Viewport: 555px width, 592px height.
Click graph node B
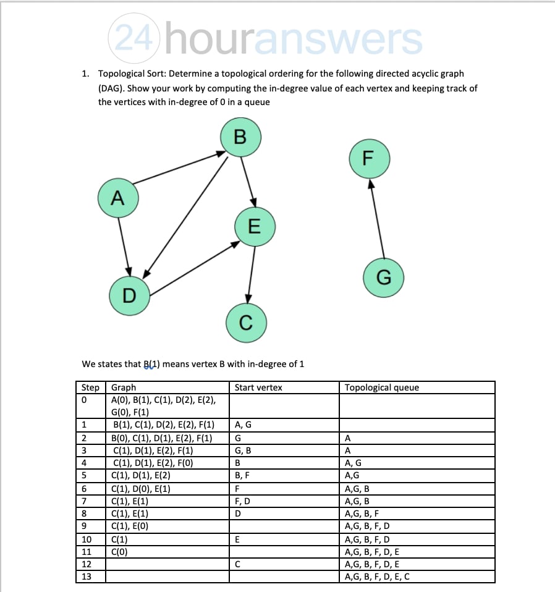pyautogui.click(x=240, y=137)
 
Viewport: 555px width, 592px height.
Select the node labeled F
pyautogui.click(x=369, y=158)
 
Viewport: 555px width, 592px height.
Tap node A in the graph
pyautogui.click(x=117, y=198)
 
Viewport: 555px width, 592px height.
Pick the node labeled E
pyautogui.click(x=254, y=227)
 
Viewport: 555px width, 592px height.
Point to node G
pyautogui.click(x=383, y=277)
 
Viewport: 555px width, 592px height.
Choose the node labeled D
pyautogui.click(x=129, y=295)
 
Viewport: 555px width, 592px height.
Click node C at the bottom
pyautogui.click(x=245, y=322)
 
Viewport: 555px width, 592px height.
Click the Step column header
pyautogui.click(x=90, y=387)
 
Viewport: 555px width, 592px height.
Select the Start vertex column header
pyautogui.click(x=258, y=387)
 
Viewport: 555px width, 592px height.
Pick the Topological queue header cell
pyautogui.click(x=381, y=387)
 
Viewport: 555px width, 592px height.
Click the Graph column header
pyautogui.click(x=124, y=387)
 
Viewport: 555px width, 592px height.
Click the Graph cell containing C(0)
pyautogui.click(x=120, y=551)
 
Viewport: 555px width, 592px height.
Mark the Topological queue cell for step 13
pyautogui.click(x=377, y=577)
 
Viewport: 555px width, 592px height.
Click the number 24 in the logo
pyautogui.click(x=133, y=40)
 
